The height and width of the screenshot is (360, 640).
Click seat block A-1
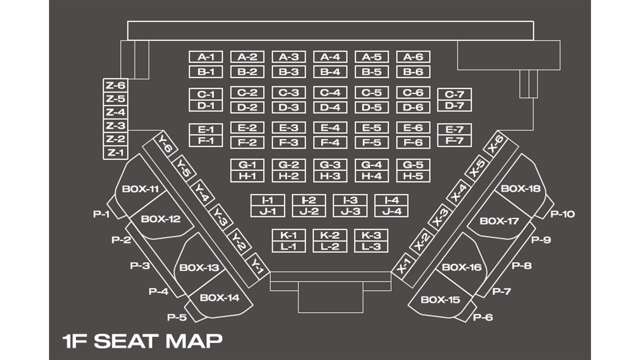pos(206,57)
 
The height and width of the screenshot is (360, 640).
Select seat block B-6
pos(413,72)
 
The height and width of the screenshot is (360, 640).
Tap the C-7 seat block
pos(454,94)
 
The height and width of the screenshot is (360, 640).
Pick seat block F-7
pos(454,141)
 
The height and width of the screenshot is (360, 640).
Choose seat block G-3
pos(330,165)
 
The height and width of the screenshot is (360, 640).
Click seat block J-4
pos(391,211)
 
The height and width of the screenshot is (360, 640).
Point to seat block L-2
pos(330,247)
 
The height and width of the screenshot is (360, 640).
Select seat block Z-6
pos(115,86)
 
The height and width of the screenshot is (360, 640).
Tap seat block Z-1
pos(115,153)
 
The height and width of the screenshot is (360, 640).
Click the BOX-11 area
pos(140,189)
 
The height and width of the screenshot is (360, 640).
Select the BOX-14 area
pos(219,298)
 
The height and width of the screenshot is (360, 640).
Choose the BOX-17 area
pos(499,221)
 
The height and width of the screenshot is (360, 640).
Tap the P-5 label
pos(177,317)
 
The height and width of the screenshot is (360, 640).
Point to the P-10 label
pos(562,214)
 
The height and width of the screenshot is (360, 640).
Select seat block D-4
pos(330,107)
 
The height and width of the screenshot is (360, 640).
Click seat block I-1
pos(268,200)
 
